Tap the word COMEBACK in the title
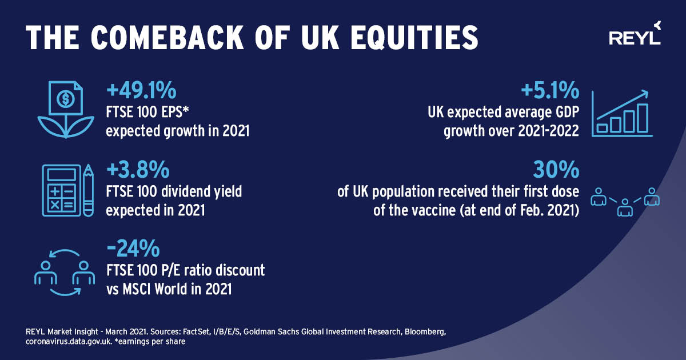(x=167, y=37)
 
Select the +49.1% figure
(x=141, y=90)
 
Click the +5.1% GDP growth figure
(x=550, y=90)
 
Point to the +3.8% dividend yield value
(x=138, y=169)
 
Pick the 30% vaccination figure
(x=556, y=169)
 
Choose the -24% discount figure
(x=133, y=248)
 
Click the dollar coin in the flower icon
(x=66, y=98)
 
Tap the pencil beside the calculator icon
(x=89, y=190)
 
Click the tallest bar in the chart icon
(x=643, y=118)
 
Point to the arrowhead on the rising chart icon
(x=645, y=93)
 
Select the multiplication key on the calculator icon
(x=55, y=204)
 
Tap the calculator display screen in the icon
(x=62, y=175)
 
